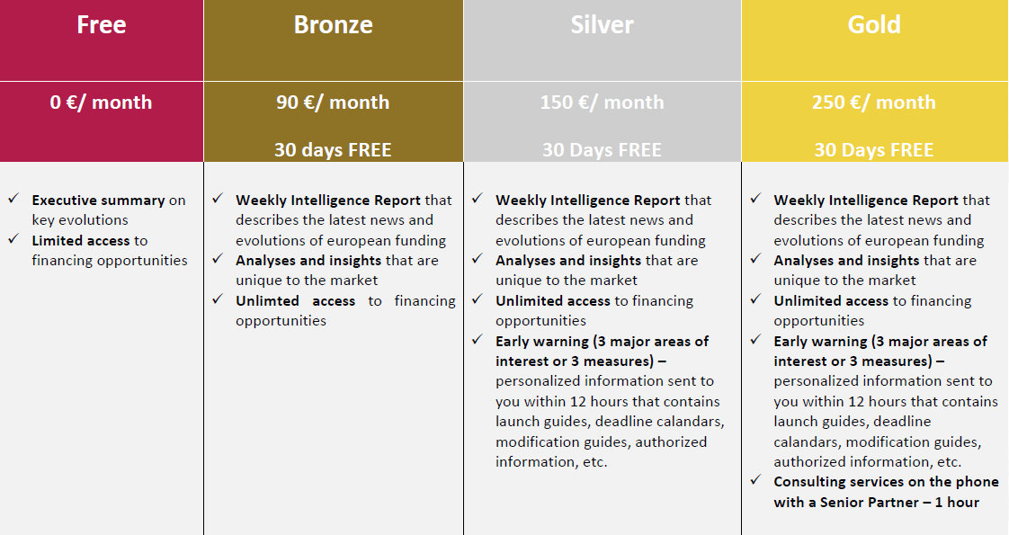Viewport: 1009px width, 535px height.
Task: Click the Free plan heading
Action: (x=101, y=24)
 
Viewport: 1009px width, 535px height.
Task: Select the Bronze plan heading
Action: (x=334, y=24)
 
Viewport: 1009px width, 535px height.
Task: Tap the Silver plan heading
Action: (x=602, y=24)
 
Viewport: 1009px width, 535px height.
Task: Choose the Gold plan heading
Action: (x=874, y=24)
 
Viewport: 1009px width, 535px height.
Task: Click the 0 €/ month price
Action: (x=101, y=103)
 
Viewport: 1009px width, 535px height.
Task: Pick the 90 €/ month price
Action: (x=333, y=103)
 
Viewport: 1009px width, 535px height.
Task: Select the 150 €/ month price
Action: (x=602, y=103)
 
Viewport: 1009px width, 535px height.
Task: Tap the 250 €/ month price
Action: (x=874, y=103)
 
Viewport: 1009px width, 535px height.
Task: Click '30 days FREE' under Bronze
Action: (x=333, y=150)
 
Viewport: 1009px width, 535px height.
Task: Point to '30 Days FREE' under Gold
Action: (x=874, y=150)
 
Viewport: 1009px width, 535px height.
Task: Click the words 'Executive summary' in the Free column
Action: (x=98, y=201)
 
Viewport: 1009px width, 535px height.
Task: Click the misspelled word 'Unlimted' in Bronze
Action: (x=267, y=301)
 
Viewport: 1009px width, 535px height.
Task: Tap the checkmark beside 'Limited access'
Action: (x=13, y=239)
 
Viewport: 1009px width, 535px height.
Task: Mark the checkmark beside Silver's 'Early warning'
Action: (x=477, y=340)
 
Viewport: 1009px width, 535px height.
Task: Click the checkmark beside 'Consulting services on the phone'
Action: (x=755, y=480)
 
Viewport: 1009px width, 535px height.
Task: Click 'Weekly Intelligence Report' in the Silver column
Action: (x=588, y=201)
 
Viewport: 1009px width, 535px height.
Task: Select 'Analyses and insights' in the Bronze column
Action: (x=308, y=261)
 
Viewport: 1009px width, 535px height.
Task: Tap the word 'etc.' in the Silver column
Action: (x=595, y=461)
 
